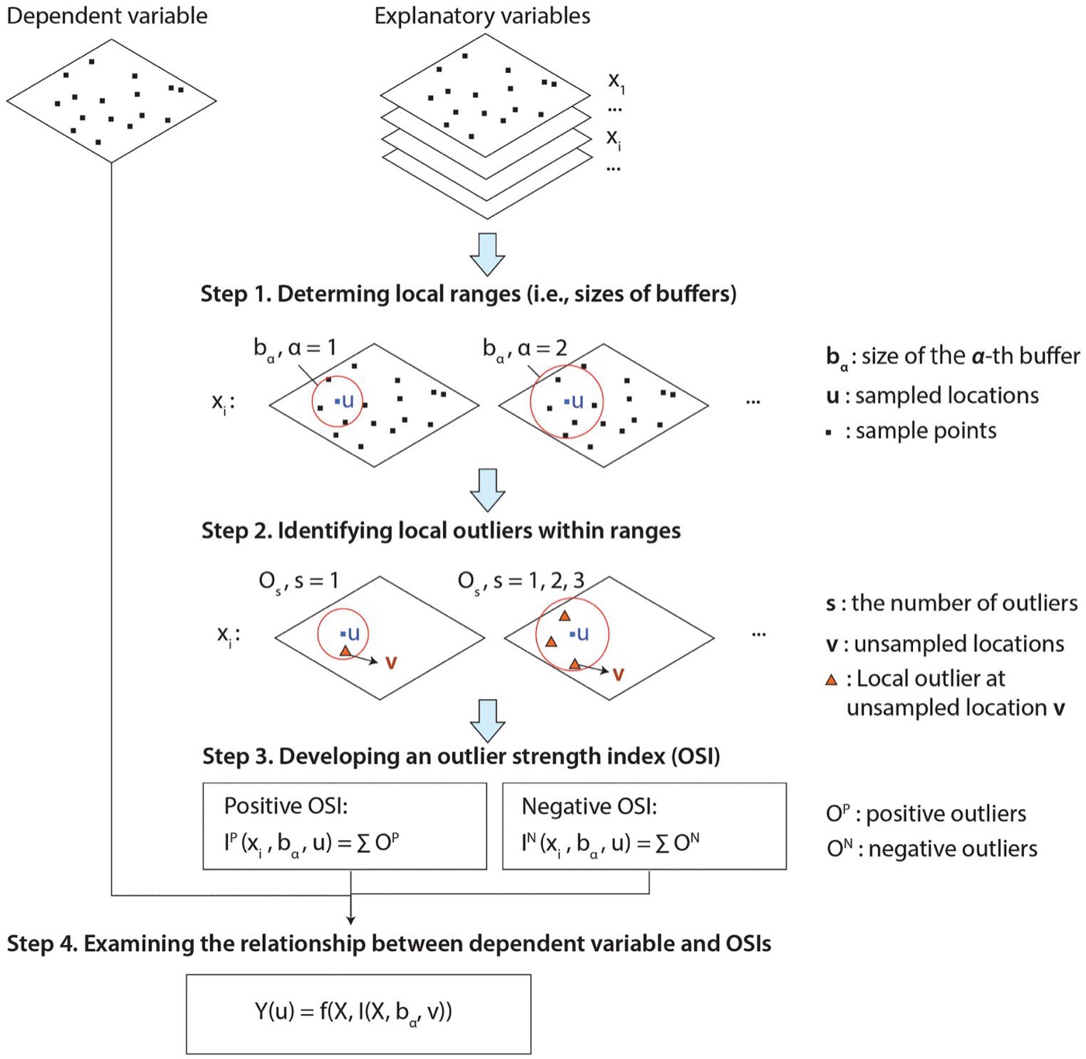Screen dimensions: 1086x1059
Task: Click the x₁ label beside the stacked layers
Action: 616,82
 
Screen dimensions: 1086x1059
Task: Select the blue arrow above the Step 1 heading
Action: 487,254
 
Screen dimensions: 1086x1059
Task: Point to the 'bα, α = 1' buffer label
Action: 296,349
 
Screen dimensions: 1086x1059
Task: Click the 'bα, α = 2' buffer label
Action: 524,349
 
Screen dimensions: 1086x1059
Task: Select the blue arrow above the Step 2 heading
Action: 487,490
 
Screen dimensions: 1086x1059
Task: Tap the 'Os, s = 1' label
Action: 299,582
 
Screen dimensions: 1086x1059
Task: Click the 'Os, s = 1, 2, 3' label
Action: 521,582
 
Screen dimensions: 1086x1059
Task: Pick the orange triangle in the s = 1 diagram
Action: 345,651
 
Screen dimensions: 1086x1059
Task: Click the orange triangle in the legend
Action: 832,680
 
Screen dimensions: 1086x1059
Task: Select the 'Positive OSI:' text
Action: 285,806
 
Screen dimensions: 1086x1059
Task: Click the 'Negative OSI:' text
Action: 590,806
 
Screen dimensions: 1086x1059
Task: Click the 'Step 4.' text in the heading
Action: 42,943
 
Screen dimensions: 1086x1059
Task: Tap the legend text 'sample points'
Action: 926,431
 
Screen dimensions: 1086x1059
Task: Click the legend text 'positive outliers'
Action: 946,815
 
